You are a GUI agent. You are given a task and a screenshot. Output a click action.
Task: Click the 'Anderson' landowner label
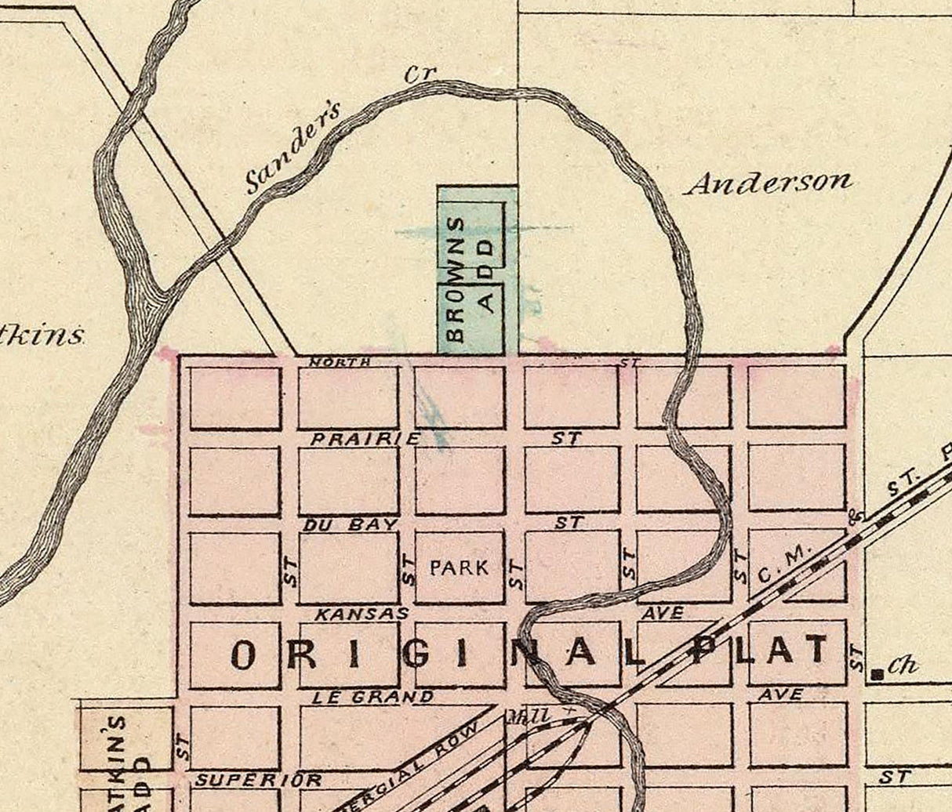[x=769, y=183]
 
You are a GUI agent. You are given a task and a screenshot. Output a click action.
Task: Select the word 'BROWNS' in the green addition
[x=457, y=279]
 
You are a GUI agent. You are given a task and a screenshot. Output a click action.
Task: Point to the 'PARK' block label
[x=460, y=567]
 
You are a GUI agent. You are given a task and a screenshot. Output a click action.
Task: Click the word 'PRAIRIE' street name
[x=365, y=439]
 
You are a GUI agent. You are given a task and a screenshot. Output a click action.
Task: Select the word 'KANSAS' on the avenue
[x=362, y=614]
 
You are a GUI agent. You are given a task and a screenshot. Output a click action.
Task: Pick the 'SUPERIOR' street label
[x=259, y=780]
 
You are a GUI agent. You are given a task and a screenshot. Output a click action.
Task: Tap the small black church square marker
[x=879, y=672]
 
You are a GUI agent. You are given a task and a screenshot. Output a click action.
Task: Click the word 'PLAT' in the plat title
[x=761, y=651]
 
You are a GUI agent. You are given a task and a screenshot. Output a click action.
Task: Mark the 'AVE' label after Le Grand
[x=780, y=694]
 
